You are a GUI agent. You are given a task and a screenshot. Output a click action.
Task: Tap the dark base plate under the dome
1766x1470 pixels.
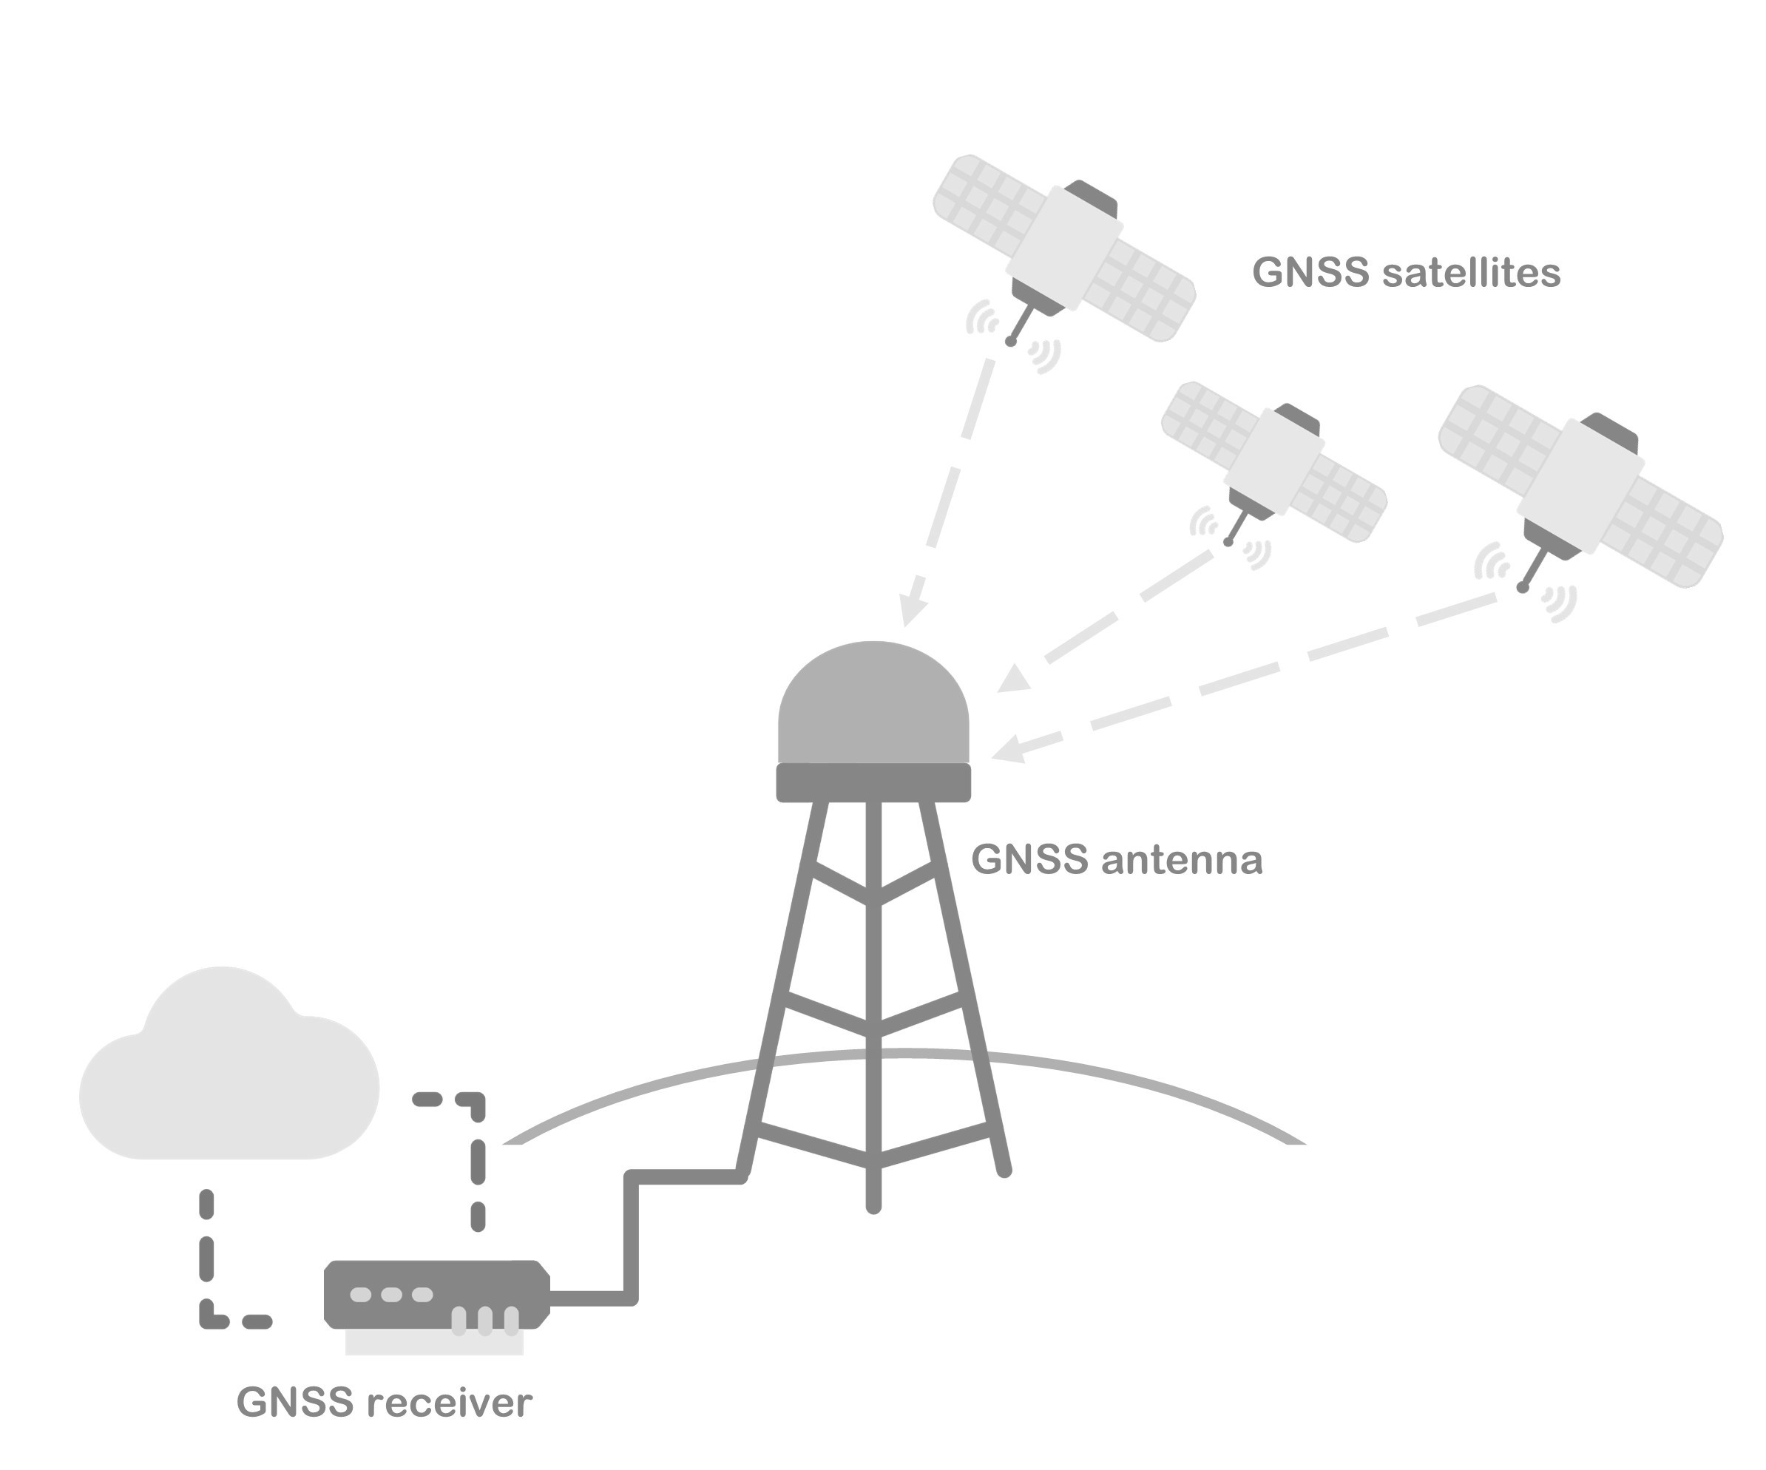point(873,782)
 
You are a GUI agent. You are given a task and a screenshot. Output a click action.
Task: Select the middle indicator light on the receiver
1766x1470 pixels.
point(391,1294)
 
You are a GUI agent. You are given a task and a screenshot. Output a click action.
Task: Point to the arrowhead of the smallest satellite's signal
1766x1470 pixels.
point(1016,680)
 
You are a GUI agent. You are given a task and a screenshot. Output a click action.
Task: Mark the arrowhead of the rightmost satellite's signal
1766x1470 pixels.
point(1010,748)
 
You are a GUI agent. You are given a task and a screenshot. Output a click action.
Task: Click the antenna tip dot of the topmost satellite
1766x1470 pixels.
point(1011,342)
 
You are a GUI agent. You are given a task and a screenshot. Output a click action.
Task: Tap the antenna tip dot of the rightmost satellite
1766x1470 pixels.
point(1522,588)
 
